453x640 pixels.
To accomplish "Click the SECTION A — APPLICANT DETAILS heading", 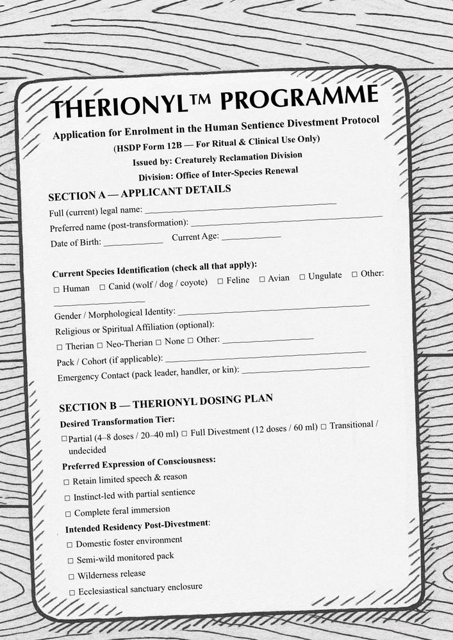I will coord(139,193).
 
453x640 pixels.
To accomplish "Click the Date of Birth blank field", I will coord(133,243).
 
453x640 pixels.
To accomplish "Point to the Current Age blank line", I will coord(251,237).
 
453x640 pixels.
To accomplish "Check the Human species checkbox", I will coord(56,289).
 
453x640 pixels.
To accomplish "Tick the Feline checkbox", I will coord(220,281).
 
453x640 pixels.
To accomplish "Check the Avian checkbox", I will coord(262,279).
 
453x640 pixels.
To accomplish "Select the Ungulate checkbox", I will coord(302,276).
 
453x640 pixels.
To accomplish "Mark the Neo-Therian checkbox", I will coord(100,345).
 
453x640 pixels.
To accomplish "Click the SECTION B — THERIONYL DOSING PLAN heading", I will coord(166,403).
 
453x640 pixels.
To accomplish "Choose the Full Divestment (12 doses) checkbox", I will coord(185,433).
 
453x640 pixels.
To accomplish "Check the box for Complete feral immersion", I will coord(69,514).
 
